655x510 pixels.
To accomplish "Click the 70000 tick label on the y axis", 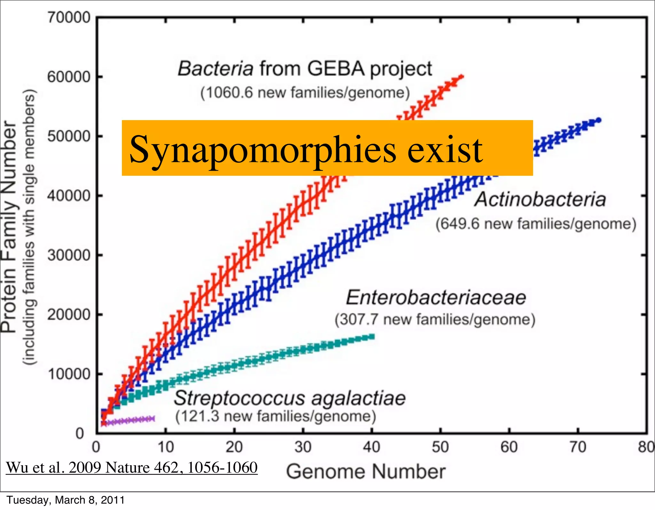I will [69, 17].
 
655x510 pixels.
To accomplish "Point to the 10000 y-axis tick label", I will [69, 374].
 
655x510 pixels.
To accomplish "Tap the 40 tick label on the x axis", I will [371, 447].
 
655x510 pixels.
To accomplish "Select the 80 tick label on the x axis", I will [646, 447].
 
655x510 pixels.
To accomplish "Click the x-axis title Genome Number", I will [366, 472].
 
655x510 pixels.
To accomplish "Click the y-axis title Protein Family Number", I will [9, 227].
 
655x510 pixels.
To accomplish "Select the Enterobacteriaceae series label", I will [436, 297].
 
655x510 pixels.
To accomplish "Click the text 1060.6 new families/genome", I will [305, 93].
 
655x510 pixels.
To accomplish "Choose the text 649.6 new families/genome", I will [536, 224].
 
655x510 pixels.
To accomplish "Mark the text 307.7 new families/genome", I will [435, 320].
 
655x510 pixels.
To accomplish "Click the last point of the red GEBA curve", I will [461, 77].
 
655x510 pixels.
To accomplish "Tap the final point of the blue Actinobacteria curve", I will [599, 120].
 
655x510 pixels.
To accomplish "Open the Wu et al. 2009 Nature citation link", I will [132, 467].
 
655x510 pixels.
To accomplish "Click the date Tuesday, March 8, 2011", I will [66, 500].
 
